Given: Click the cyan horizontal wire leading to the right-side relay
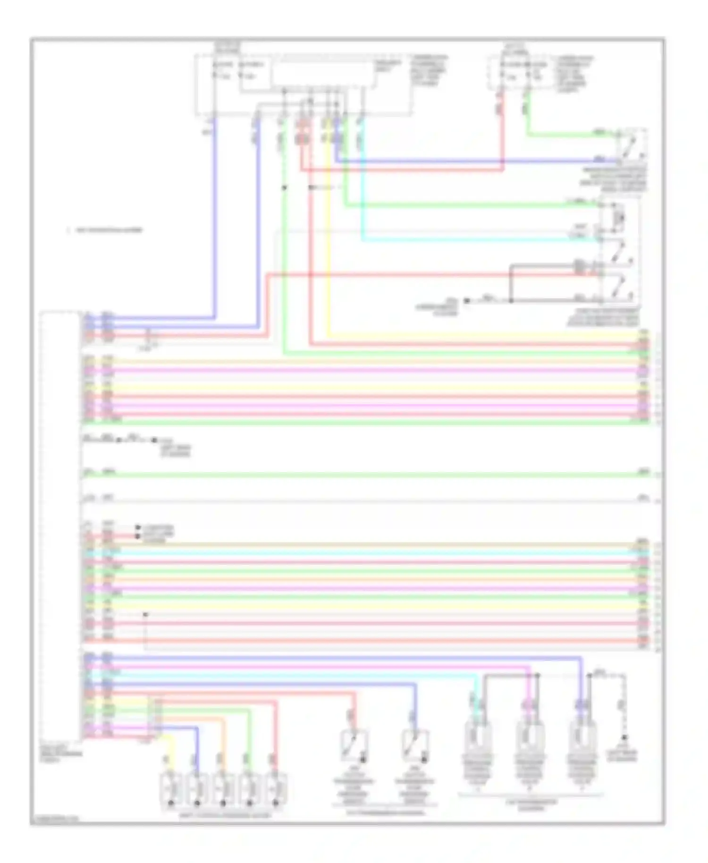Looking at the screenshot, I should [472, 239].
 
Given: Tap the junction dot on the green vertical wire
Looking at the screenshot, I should [284, 187].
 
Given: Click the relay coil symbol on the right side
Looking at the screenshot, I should [620, 218].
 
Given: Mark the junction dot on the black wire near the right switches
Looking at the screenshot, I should [511, 300].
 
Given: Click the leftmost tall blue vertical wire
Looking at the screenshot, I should [215, 217].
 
